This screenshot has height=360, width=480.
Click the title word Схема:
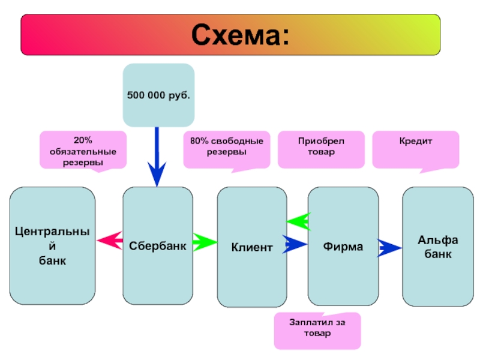[x=239, y=36]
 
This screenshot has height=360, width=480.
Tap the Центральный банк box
[x=52, y=246]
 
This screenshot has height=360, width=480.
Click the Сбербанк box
[x=158, y=246]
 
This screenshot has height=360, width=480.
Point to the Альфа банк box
[x=437, y=246]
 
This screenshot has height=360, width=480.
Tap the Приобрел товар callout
[x=320, y=148]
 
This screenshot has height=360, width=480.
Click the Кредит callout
[x=416, y=148]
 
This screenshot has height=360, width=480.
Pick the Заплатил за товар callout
[x=317, y=331]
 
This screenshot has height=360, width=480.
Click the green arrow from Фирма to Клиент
[x=298, y=221]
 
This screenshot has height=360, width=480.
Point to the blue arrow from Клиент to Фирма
[x=295, y=244]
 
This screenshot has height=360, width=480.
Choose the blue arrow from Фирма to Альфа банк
[x=390, y=247]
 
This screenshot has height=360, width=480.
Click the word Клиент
[x=252, y=247]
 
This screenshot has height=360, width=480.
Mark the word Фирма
[x=343, y=247]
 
